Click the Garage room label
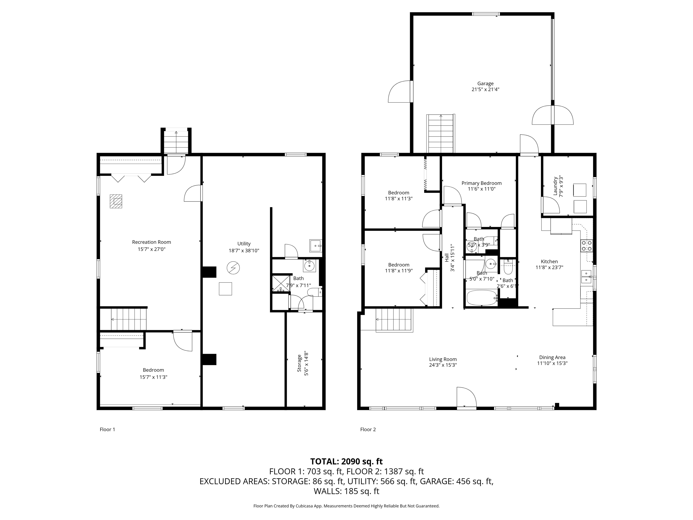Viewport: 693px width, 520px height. [x=485, y=83]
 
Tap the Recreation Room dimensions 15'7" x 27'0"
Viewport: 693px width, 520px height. [x=151, y=249]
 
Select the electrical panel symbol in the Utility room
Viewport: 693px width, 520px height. [x=233, y=268]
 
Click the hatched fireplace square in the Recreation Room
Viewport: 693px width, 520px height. [x=115, y=201]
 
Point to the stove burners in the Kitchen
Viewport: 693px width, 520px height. [x=587, y=246]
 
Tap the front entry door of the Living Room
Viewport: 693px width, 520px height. [x=466, y=398]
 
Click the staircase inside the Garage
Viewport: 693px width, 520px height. [x=441, y=134]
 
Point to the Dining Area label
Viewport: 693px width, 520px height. [x=552, y=357]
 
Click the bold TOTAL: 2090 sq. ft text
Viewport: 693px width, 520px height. [x=346, y=461]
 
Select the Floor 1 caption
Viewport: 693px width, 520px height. [x=107, y=429]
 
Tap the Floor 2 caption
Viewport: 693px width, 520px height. [x=368, y=429]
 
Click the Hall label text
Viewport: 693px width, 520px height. [x=447, y=258]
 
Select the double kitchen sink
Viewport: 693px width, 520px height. [x=586, y=276]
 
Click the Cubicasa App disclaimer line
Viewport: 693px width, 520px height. [x=346, y=506]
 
